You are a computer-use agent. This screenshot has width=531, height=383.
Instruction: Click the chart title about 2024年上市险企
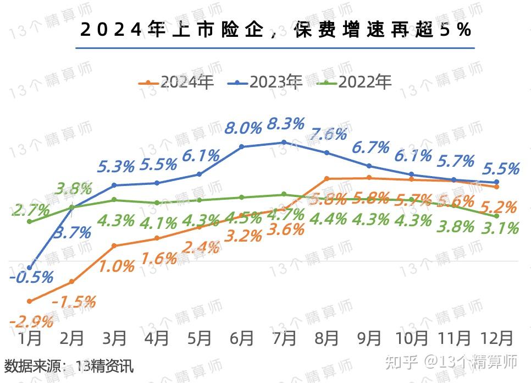click(276, 30)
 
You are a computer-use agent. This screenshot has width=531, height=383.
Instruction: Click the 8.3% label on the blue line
click(285, 124)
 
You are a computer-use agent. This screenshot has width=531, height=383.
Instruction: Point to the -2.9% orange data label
click(31, 320)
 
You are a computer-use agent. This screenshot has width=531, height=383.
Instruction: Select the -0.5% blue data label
click(31, 277)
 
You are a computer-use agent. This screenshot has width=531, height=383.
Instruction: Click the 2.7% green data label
click(30, 210)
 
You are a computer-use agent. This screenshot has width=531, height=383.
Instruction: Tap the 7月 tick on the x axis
click(284, 337)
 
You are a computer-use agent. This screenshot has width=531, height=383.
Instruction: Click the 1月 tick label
click(30, 337)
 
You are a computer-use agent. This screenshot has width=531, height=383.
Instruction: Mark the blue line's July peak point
click(284, 142)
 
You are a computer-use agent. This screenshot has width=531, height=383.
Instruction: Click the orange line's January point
click(30, 302)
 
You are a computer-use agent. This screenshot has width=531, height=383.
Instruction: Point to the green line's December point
click(497, 216)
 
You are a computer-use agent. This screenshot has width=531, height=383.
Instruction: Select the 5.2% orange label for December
click(498, 207)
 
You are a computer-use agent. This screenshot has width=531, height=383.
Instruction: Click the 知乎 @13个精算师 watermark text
click(450, 362)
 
